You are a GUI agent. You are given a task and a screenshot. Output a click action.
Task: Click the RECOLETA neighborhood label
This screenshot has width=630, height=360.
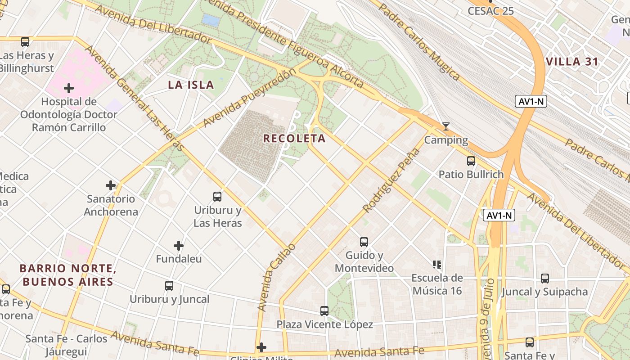294,139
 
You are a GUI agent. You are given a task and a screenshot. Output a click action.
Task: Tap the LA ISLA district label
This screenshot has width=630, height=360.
191,85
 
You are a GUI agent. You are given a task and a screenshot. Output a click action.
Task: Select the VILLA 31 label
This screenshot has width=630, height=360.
572,62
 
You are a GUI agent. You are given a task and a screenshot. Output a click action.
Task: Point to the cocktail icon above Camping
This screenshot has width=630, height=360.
445,126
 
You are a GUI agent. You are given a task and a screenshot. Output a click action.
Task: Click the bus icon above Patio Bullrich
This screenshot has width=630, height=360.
471,161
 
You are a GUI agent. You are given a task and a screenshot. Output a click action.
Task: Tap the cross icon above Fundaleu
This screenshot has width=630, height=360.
179,246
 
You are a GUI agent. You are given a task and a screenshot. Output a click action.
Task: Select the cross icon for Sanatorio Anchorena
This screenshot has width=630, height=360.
111,185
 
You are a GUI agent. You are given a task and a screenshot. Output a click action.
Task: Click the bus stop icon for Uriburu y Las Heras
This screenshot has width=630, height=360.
217,196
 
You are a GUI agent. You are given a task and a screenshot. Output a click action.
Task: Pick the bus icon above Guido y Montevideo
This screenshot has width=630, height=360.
364,242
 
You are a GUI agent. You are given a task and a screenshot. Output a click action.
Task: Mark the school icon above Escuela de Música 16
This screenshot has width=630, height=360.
437,264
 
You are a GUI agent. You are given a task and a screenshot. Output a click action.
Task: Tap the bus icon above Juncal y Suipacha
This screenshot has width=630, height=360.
545,278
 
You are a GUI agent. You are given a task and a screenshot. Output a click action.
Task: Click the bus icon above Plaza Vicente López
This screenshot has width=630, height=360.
324,310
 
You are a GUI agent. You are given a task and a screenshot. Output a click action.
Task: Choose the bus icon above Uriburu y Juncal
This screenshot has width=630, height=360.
169,285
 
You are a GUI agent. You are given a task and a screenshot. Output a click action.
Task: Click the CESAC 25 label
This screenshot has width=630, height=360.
490,11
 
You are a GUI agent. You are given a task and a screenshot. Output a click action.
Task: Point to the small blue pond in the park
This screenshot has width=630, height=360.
211,20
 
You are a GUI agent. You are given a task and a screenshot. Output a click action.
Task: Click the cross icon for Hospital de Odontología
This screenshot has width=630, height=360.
69,88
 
